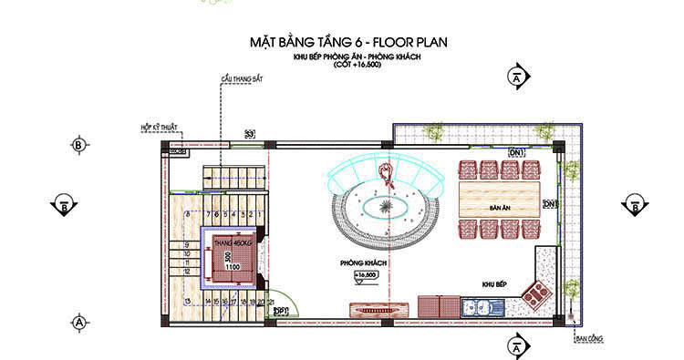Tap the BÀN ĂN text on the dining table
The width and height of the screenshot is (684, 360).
499,209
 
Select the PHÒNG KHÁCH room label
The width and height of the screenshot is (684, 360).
363,262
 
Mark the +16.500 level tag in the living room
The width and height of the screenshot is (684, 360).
366,274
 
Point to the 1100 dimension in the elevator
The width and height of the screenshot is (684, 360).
233,267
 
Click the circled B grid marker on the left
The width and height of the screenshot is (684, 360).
78,145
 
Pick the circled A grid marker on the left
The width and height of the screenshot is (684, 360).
79,322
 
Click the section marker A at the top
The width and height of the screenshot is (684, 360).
517,77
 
